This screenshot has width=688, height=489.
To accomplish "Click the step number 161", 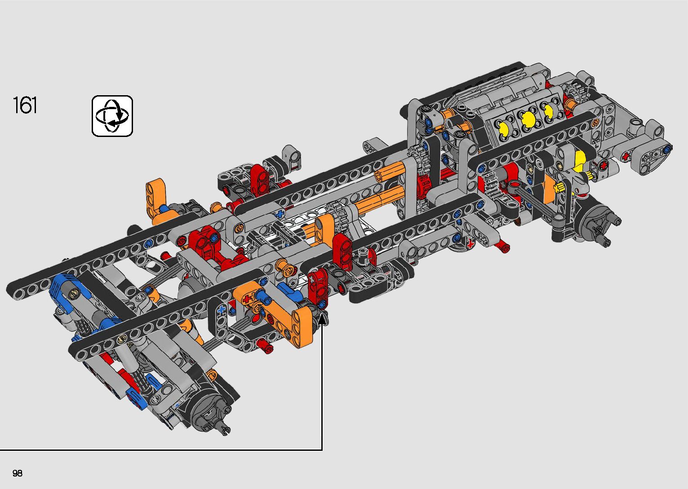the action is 25,105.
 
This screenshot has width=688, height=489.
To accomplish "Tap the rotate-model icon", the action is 112,116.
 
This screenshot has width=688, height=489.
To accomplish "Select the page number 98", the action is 18,473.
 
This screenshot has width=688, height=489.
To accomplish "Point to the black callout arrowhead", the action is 322,319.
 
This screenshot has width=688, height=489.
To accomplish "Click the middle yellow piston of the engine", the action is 528,119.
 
